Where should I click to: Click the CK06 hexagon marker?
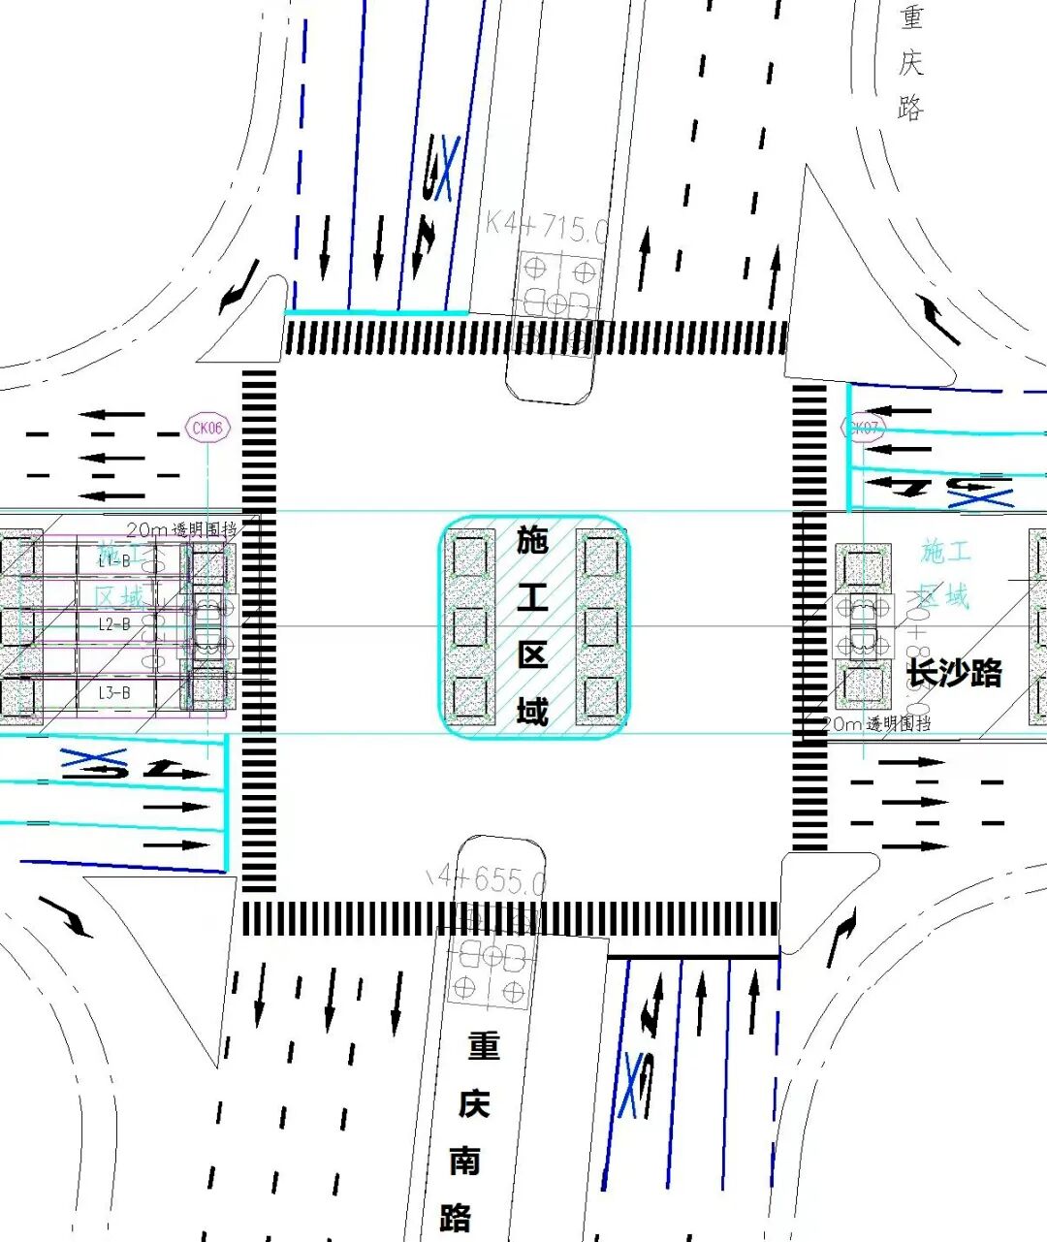tap(206, 428)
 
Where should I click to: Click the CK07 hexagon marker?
tap(862, 428)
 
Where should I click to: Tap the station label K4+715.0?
tap(546, 228)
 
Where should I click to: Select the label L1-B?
tap(113, 560)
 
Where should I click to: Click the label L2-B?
tap(113, 624)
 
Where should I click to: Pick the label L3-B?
tap(113, 692)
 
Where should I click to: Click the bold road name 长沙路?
tap(954, 672)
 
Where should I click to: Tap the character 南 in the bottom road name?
tap(465, 1160)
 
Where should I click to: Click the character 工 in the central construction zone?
tap(532, 597)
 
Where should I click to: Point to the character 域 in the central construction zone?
tap(532, 711)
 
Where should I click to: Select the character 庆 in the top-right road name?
tap(910, 63)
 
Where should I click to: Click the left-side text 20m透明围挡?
tap(181, 529)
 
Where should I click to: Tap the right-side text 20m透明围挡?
tap(876, 723)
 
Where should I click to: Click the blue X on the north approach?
tap(446, 170)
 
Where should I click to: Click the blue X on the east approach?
tap(980, 498)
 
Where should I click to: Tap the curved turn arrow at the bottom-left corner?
tap(66, 916)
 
